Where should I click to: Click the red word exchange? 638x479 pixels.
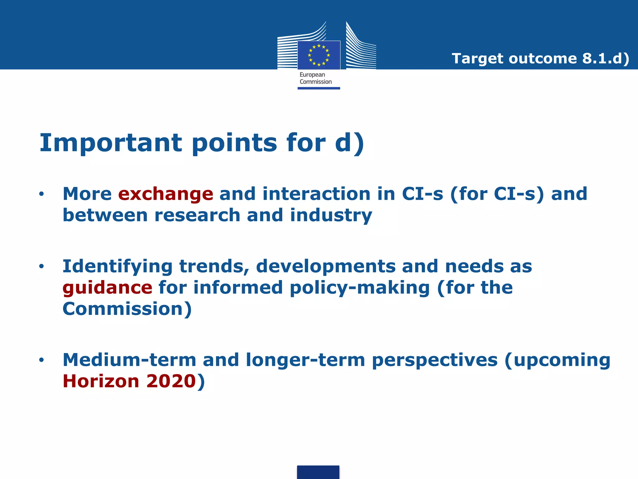[165, 194]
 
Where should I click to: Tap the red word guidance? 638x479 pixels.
[107, 288]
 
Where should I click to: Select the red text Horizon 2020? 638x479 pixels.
[129, 381]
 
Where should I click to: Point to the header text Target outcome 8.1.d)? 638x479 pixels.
[540, 59]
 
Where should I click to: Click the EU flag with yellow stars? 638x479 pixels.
[319, 55]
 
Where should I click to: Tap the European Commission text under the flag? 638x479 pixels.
[315, 78]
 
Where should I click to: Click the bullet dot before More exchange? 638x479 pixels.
[41, 194]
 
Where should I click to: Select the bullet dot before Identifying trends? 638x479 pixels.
[41, 266]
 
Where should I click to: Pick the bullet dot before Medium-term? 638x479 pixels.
[41, 360]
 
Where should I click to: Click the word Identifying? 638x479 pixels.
[117, 267]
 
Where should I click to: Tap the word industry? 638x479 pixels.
[331, 215]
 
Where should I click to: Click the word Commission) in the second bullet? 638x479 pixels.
[127, 309]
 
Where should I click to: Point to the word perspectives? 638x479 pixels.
[435, 360]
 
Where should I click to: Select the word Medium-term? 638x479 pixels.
[129, 360]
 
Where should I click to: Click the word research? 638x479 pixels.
[197, 215]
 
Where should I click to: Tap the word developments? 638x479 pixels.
[326, 267]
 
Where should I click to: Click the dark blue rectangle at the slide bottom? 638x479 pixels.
[318, 472]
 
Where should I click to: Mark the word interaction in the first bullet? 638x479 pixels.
[317, 194]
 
